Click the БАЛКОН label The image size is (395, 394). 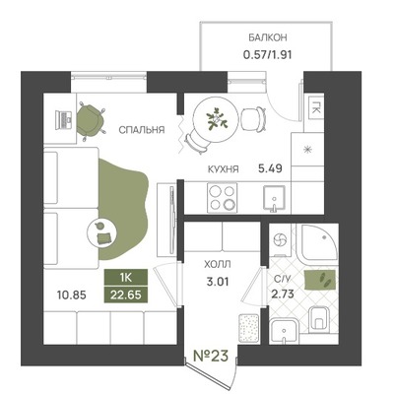coord(267,37)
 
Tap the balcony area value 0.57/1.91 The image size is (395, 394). coord(267,54)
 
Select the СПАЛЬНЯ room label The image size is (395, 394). coord(142,130)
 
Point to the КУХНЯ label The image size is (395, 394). coord(224,169)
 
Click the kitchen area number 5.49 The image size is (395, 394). coord(270,168)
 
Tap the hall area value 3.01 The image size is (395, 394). coord(218,282)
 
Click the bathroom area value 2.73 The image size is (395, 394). coord(283,294)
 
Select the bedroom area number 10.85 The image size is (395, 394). coord(72,295)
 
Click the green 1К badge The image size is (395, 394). coord(126,278)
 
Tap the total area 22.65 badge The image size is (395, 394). coord(126,295)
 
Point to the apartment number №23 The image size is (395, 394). coord(211,356)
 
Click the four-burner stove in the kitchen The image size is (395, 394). coord(222,198)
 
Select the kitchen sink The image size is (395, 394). coord(274,199)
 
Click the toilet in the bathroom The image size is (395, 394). coord(319,318)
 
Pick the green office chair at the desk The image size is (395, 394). coord(91,120)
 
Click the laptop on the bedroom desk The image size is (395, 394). coord(64,119)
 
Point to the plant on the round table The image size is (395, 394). coord(216,119)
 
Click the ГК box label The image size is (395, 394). coord(316,107)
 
